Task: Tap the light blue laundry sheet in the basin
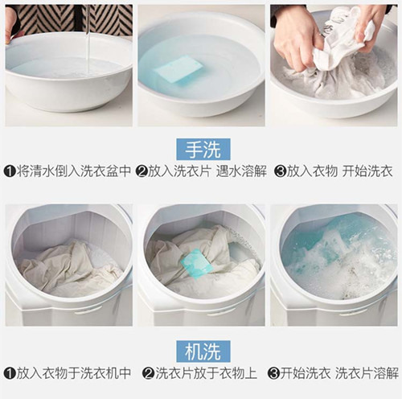178,70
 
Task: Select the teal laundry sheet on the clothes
195,262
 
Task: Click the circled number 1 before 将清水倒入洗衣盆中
10,171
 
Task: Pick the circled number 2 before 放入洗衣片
142,171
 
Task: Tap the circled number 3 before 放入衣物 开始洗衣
281,171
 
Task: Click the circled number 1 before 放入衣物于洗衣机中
10,374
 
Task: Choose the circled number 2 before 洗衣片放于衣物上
148,374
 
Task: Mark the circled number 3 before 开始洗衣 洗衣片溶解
275,374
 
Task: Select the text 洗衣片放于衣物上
203,374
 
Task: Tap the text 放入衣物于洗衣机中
72,374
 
